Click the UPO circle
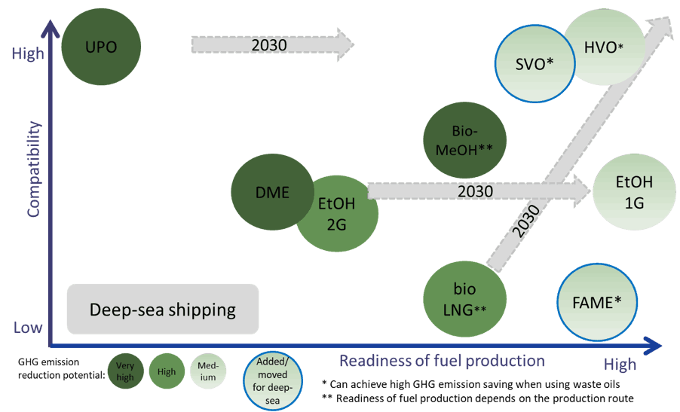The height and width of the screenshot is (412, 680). point(102,47)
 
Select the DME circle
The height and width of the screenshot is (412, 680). point(271,192)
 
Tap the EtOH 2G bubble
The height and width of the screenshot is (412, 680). point(335,214)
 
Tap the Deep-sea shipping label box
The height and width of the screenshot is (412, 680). point(162,309)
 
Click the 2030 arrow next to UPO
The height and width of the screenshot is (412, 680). point(271,45)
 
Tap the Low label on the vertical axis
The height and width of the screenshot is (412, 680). point(27,328)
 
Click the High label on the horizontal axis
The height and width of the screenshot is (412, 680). point(619,365)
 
